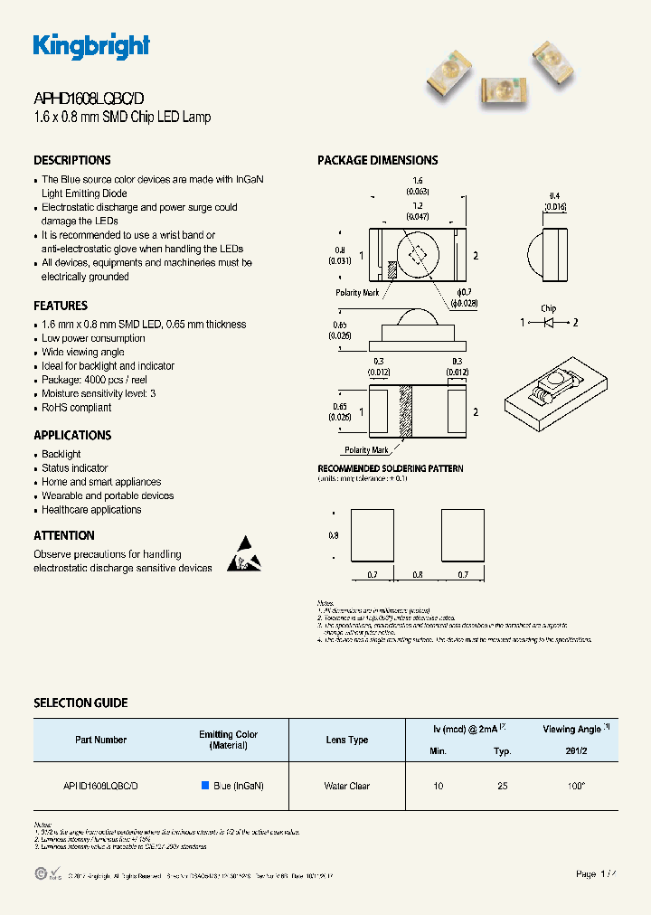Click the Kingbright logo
point(91,46)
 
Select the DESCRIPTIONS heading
point(72,160)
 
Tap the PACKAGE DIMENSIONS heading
point(377,160)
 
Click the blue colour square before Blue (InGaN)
point(205,786)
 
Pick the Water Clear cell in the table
point(346,786)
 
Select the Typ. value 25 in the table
point(502,786)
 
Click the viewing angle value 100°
point(576,786)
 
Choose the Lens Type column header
point(346,740)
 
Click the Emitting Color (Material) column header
point(228,740)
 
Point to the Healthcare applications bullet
point(91,510)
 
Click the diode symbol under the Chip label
point(549,322)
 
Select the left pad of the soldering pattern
point(371,535)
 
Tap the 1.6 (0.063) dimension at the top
point(417,186)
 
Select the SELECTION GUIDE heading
point(80,703)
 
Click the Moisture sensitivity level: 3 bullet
point(99,393)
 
